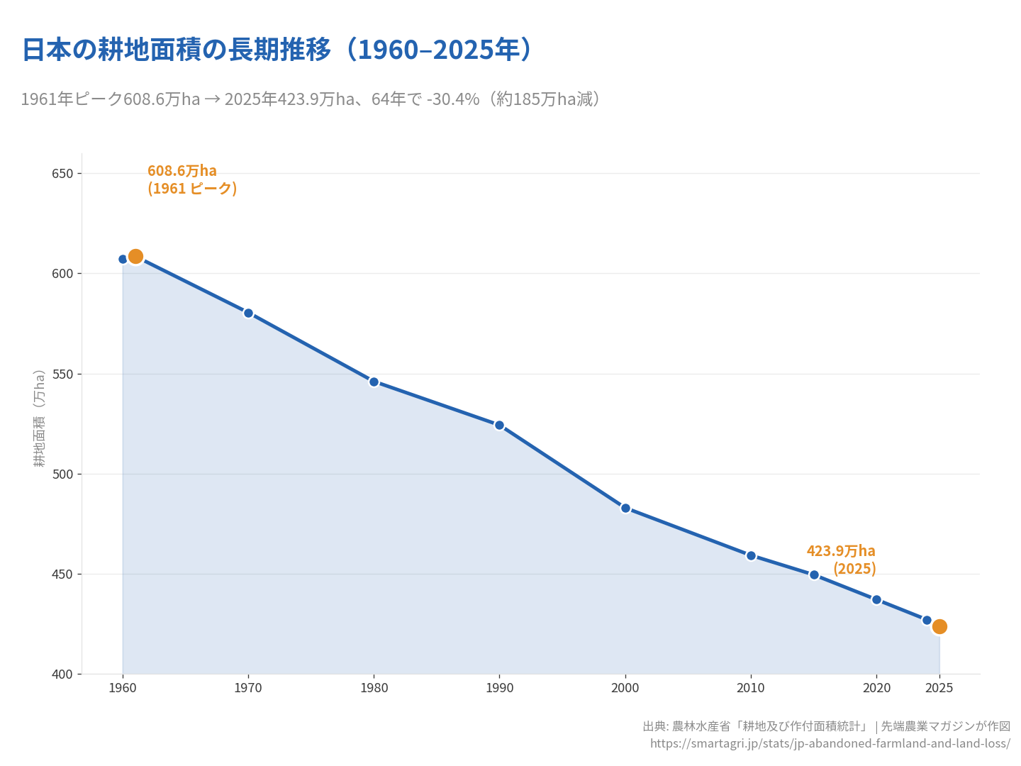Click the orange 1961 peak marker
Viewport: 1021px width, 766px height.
click(x=135, y=256)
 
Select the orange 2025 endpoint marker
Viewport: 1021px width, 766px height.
click(x=939, y=626)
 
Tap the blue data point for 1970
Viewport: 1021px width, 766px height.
click(x=248, y=313)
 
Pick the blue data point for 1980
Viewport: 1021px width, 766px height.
click(x=374, y=382)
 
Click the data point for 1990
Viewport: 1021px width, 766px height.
click(x=499, y=425)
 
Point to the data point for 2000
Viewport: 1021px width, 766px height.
click(x=625, y=508)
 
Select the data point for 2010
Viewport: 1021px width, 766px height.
click(x=751, y=555)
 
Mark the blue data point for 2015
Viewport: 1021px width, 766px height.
click(x=814, y=574)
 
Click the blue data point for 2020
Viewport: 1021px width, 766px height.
click(x=876, y=599)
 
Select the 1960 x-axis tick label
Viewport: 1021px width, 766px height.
click(x=123, y=688)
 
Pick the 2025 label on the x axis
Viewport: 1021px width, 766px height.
click(x=939, y=688)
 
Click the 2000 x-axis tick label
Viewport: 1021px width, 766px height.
click(x=625, y=688)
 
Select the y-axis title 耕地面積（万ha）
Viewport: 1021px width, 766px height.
click(x=40, y=418)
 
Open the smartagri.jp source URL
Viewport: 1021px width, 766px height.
click(x=830, y=743)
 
